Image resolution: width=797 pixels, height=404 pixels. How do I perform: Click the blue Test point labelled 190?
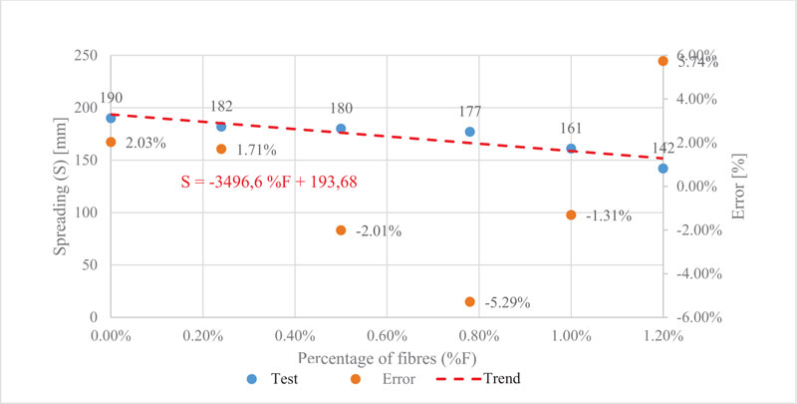[111, 118]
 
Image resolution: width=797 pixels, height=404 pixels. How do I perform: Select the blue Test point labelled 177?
[470, 132]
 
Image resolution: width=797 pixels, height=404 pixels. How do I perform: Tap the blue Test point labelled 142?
[663, 169]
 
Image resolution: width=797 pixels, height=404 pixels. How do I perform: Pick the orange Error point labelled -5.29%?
[470, 301]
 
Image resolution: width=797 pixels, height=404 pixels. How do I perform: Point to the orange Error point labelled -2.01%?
[341, 230]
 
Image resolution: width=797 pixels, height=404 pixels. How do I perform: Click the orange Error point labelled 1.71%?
[221, 149]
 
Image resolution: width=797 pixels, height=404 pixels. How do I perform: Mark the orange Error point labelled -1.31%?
[571, 214]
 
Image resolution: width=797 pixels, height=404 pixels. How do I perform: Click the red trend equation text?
[269, 183]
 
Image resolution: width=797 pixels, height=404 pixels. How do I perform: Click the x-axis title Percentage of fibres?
[386, 356]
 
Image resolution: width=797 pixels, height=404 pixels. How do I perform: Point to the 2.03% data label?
[146, 144]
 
